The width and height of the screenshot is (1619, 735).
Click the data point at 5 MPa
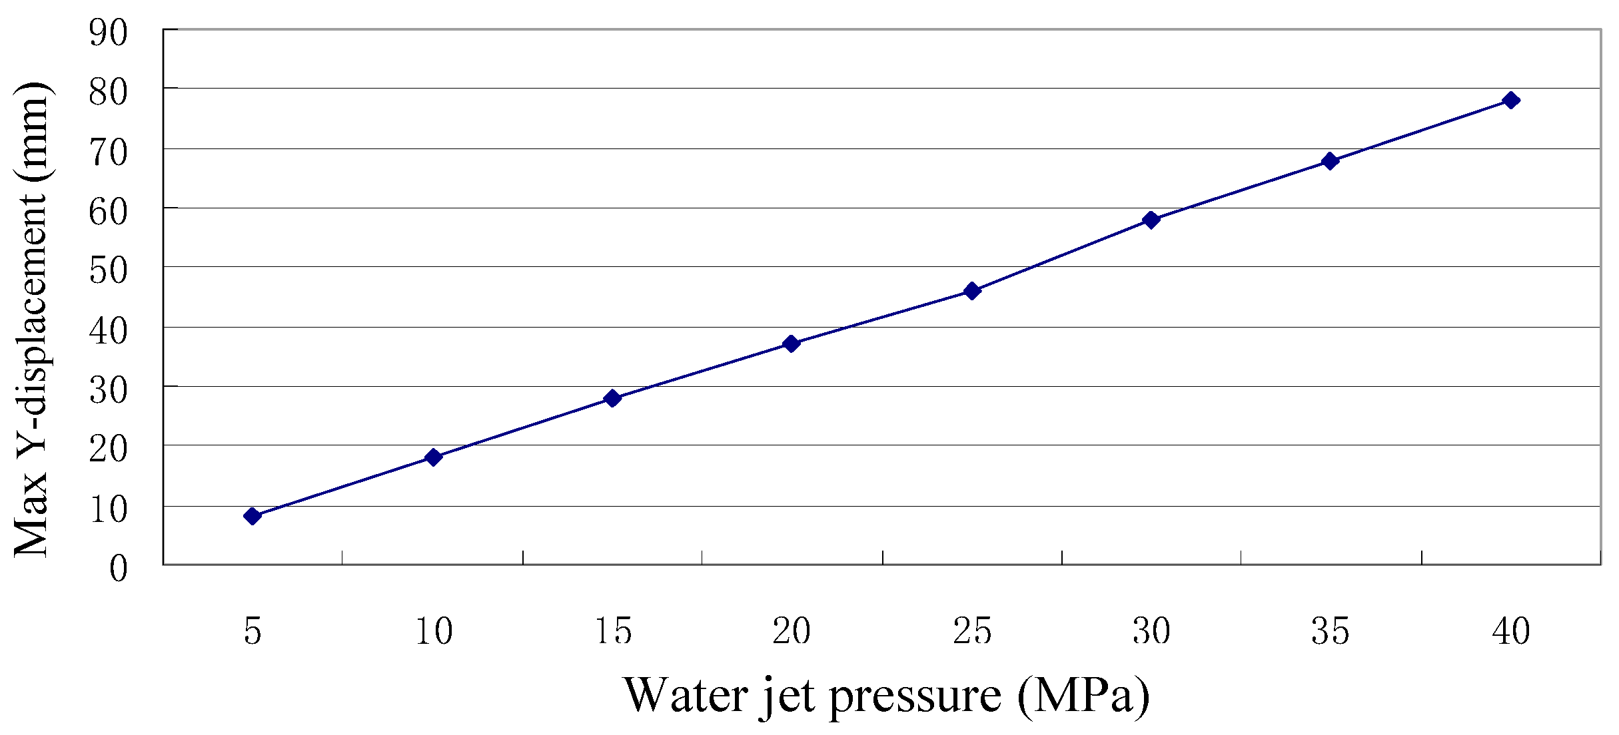coord(252,516)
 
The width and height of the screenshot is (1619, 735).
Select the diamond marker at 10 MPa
coord(433,457)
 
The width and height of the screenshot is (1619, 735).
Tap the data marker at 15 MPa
coord(612,398)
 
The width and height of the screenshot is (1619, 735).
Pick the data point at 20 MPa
coord(792,344)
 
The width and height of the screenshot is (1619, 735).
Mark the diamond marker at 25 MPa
coord(972,291)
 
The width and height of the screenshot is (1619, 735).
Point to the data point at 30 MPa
coord(1151,220)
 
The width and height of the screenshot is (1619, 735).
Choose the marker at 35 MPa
coord(1330,161)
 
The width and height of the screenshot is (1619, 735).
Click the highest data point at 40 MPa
coord(1511,101)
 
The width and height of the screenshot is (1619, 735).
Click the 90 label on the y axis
coord(108,33)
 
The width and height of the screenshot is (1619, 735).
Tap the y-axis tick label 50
coord(108,270)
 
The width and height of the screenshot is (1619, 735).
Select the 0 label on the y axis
coord(118,569)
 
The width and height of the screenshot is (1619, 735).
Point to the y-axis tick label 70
coord(108,152)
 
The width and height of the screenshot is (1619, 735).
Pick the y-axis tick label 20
coord(108,449)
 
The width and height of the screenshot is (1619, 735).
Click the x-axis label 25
coord(972,630)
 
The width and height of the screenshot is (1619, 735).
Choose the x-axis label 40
coord(1511,630)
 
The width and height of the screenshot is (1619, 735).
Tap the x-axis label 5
coord(253,630)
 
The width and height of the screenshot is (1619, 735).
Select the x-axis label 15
coord(613,630)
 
